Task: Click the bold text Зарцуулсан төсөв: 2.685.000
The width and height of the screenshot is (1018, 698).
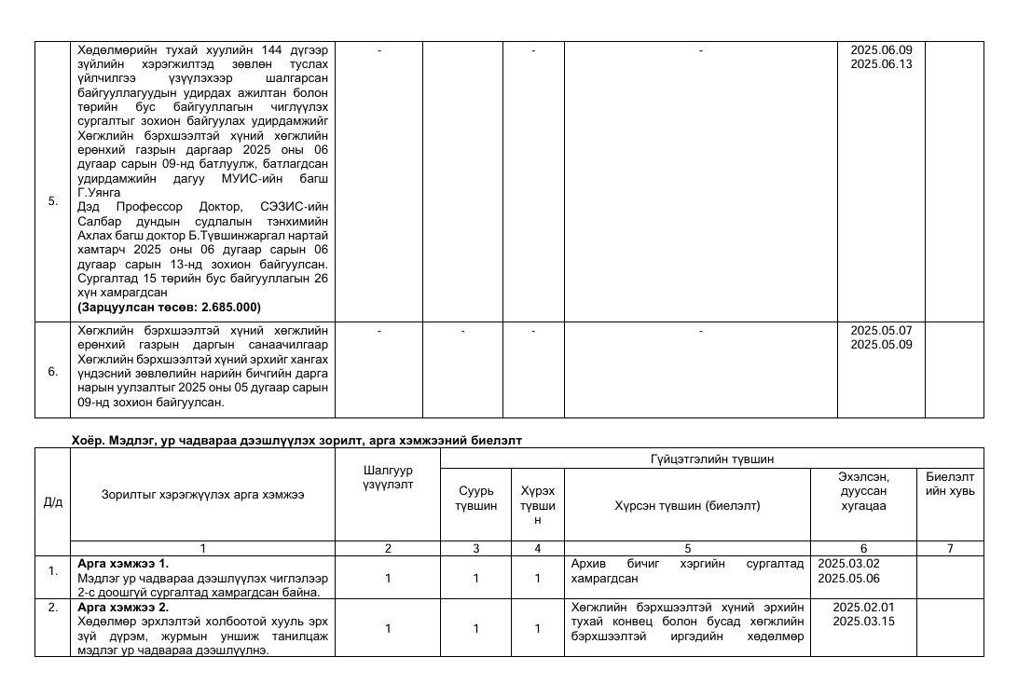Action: tap(169, 307)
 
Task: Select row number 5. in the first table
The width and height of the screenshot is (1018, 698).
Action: tap(52, 200)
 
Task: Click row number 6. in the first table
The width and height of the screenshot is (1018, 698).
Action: tap(52, 371)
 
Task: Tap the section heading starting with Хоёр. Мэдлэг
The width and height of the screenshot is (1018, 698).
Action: tap(296, 440)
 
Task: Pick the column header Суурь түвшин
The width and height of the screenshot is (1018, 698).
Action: tap(475, 499)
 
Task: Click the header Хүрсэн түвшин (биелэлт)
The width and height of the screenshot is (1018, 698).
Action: tap(688, 506)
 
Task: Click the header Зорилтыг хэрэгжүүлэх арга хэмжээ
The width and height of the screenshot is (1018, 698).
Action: tap(203, 495)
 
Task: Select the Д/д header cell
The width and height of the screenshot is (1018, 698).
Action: tap(52, 502)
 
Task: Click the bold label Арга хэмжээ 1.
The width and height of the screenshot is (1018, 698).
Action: tap(117, 564)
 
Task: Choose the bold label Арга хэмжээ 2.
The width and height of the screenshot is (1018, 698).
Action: tap(117, 607)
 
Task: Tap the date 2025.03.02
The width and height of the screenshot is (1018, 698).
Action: tap(848, 564)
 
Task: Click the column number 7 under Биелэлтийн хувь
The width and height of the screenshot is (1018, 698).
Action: tap(950, 549)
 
